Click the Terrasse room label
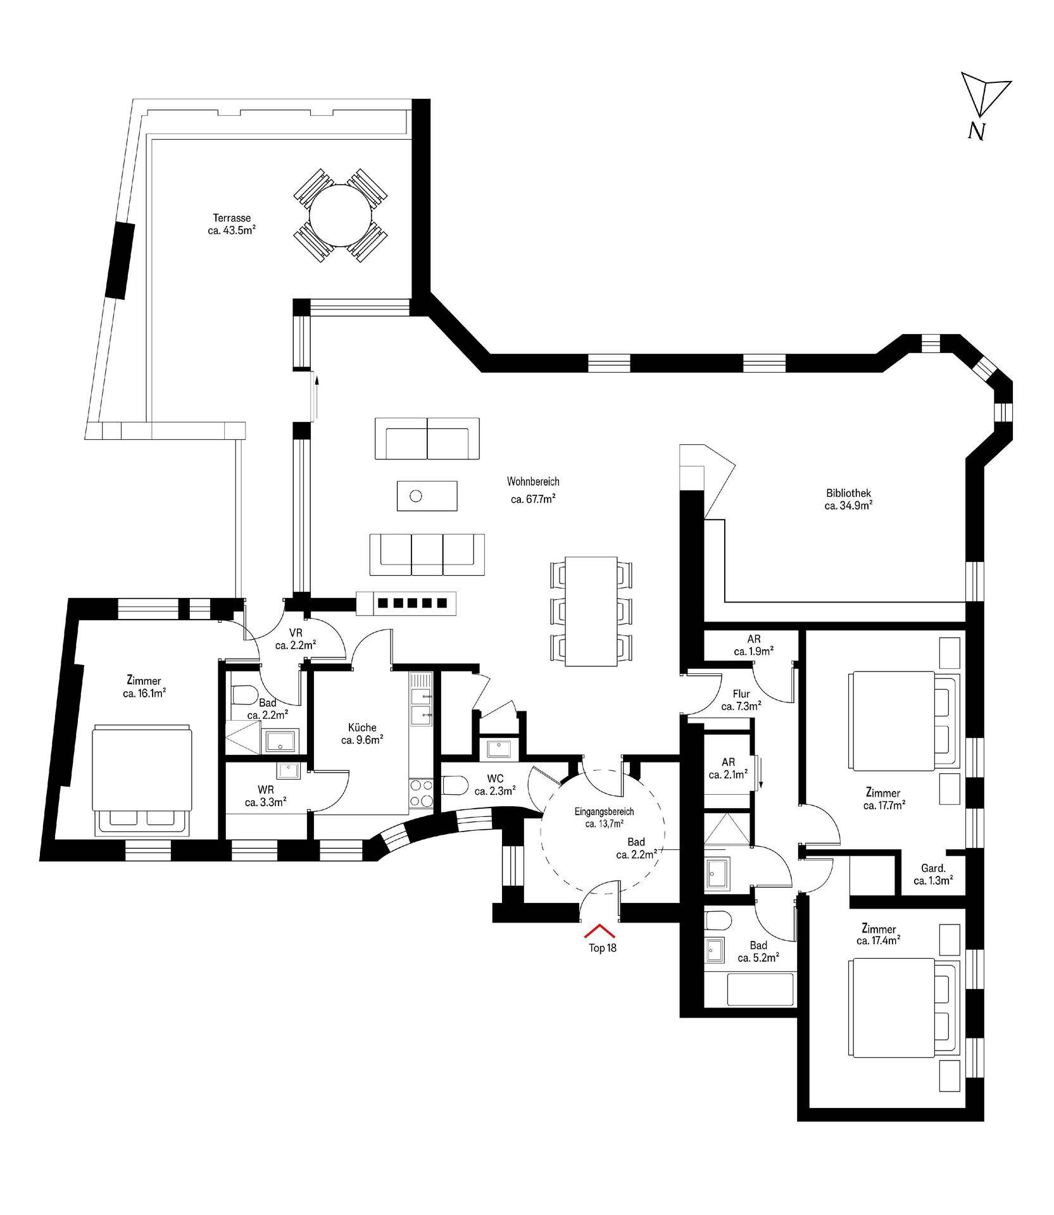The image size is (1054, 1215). click(x=232, y=218)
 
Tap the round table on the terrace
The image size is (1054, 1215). click(x=340, y=216)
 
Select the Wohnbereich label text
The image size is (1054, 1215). click(x=533, y=482)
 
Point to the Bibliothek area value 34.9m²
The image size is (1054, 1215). click(x=849, y=506)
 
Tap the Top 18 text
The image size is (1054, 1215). click(x=602, y=948)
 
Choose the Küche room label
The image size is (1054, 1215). click(x=362, y=728)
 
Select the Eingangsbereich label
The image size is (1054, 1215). click(x=604, y=812)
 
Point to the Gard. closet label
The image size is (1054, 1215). click(x=933, y=868)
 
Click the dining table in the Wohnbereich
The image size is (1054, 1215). click(x=591, y=611)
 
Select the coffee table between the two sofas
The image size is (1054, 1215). click(x=427, y=495)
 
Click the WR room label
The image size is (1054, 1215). click(x=266, y=790)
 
